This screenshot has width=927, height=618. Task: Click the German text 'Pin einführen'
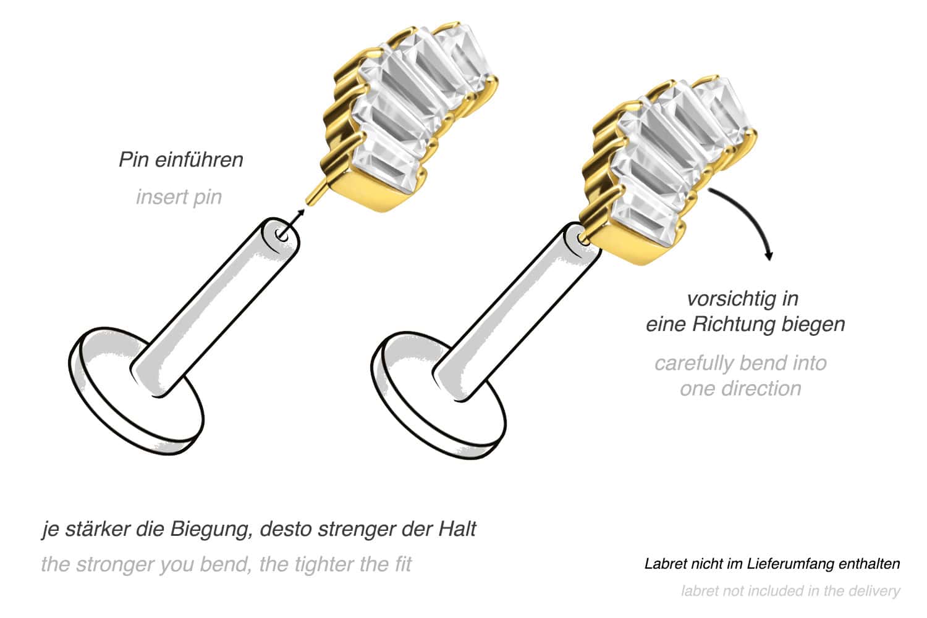pyautogui.click(x=180, y=160)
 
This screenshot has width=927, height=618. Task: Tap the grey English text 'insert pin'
pyautogui.click(x=179, y=197)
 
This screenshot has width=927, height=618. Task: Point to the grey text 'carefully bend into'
pyautogui.click(x=740, y=363)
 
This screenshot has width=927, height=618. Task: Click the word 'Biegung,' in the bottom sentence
pyautogui.click(x=210, y=529)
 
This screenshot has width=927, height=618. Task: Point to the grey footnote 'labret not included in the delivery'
pyautogui.click(x=790, y=591)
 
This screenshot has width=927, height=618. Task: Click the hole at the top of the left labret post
pyautogui.click(x=282, y=233)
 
